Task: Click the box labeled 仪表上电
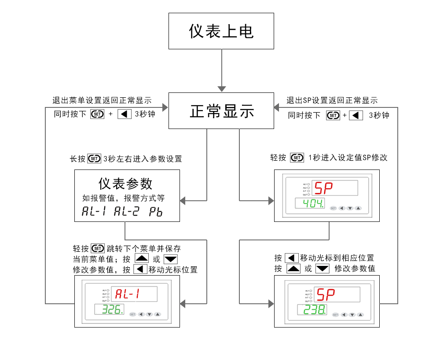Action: click(221, 31)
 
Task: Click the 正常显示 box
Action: click(222, 111)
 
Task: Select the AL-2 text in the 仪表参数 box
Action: click(126, 211)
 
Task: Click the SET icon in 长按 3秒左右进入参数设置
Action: click(94, 158)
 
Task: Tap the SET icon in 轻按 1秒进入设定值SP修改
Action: click(297, 157)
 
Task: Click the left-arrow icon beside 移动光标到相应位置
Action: click(292, 258)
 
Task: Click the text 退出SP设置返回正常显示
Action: click(332, 100)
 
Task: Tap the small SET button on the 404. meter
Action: click(333, 208)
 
